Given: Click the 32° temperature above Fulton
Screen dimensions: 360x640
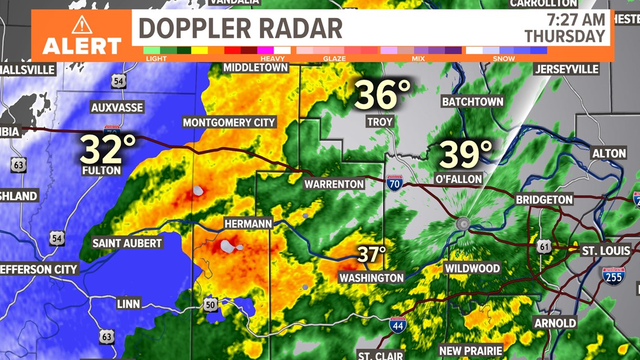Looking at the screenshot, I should tap(108, 149).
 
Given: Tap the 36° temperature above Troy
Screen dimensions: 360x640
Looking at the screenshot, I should tap(382, 94).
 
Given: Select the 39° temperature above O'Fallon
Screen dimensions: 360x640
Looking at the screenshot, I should tap(465, 154).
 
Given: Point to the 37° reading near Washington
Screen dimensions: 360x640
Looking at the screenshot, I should tap(372, 254).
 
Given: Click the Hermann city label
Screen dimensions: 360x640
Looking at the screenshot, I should tap(248, 224).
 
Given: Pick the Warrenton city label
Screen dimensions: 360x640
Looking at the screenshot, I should tap(334, 184).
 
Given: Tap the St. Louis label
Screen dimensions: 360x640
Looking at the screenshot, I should tap(606, 250).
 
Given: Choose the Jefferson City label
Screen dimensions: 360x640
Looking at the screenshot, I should tap(38, 269).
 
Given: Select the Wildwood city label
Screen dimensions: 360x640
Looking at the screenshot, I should tap(472, 268).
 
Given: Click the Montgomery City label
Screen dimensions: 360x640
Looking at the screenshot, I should tap(229, 122).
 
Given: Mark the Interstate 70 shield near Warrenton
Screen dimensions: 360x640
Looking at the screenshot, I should tap(395, 183).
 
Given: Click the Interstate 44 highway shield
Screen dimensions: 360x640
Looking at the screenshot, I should tap(397, 325).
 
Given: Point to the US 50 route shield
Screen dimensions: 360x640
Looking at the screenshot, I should tap(210, 303).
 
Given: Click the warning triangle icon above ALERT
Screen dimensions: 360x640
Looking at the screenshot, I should tap(81, 25).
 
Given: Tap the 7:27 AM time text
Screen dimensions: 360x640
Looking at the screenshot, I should tap(576, 20).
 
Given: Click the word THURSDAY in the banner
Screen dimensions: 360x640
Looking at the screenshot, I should tap(565, 37).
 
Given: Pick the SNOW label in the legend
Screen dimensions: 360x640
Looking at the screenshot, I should tap(504, 58).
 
